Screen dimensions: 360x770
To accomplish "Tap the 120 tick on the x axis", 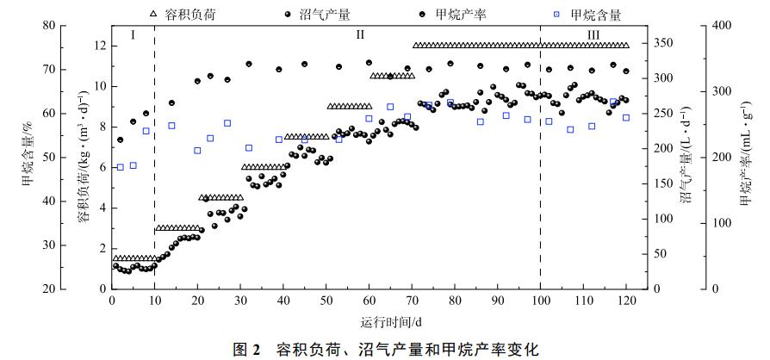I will pos(626,301).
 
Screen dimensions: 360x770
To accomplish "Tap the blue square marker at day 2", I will pos(121,167).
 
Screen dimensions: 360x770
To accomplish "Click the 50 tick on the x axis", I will pos(326,301).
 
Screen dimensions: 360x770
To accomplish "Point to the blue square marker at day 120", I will pos(626,117).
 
